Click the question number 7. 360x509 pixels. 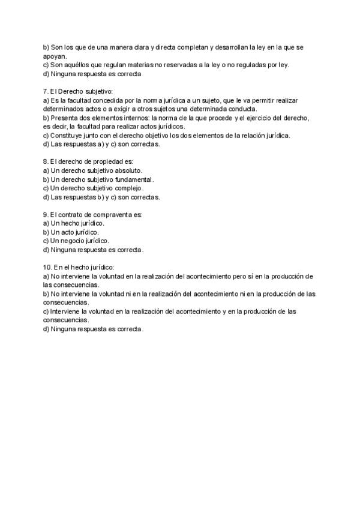[x=46, y=91]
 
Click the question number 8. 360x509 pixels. [x=46, y=161]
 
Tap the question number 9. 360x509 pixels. [x=46, y=214]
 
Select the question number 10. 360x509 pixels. [x=47, y=267]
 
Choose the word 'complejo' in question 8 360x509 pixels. [x=130, y=188]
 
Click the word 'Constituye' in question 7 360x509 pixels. [x=65, y=135]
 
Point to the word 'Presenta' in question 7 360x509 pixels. [x=64, y=118]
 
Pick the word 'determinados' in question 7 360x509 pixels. [x=62, y=109]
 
